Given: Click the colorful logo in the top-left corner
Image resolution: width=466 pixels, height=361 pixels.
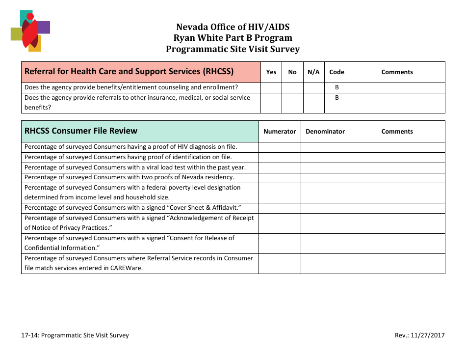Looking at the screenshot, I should click(30, 30).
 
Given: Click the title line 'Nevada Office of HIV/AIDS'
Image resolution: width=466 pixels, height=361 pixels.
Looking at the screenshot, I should click(233, 27).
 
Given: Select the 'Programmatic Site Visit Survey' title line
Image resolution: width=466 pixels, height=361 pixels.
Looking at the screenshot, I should click(233, 49).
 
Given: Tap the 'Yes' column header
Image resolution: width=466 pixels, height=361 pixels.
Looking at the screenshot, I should click(271, 72).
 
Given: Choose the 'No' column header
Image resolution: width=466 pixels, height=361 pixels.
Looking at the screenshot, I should click(292, 72).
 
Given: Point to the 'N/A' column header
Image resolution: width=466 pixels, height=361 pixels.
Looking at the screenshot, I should click(313, 72).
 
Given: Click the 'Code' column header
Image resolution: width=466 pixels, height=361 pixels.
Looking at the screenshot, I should click(337, 72).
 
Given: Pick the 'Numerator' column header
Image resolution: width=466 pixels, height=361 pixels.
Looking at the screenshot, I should click(280, 131).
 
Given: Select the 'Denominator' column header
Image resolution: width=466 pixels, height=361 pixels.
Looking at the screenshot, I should click(325, 131).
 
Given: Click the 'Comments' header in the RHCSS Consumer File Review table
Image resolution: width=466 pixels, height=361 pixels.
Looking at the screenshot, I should click(397, 131).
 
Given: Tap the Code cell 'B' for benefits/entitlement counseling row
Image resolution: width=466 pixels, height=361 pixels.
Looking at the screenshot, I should click(337, 87).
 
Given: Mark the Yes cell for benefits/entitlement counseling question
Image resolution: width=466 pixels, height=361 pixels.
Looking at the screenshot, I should click(271, 87).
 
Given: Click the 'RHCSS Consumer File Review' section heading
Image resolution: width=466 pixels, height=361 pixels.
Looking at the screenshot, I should click(81, 131).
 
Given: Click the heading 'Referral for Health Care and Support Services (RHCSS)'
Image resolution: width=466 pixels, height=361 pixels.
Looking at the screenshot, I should click(129, 71).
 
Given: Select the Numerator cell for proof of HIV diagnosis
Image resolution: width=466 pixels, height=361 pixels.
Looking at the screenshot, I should click(280, 147).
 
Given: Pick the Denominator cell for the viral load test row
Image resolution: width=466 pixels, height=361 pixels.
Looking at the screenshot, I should click(325, 167).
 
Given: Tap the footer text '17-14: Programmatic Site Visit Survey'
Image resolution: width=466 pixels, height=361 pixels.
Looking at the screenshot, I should click(75, 335).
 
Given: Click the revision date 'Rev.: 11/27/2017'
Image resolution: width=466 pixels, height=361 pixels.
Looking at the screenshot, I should click(419, 335).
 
